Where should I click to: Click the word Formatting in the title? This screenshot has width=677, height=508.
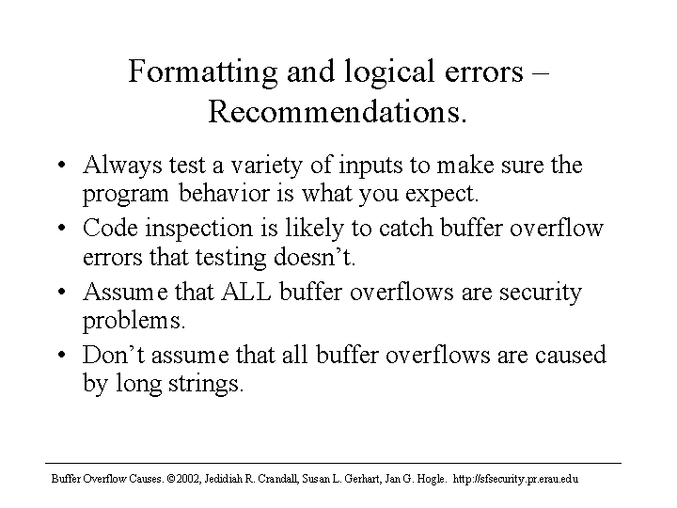click(x=203, y=72)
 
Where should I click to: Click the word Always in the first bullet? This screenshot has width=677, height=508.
click(x=122, y=166)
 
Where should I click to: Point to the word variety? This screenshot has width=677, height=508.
click(x=266, y=166)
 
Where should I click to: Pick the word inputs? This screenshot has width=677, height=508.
click(x=370, y=167)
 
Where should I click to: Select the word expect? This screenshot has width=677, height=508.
click(x=442, y=195)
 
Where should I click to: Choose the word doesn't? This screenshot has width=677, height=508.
click(x=314, y=257)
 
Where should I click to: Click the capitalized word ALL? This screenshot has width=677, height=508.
click(x=246, y=292)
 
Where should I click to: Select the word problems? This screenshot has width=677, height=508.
click(x=134, y=322)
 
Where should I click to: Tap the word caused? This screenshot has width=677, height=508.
click(x=571, y=355)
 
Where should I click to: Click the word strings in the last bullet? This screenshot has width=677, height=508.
click(x=206, y=385)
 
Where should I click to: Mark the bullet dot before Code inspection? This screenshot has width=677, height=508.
click(x=61, y=228)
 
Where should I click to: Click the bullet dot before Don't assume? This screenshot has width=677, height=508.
click(x=61, y=355)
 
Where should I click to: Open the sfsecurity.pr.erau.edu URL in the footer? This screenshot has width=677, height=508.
click(x=515, y=479)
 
